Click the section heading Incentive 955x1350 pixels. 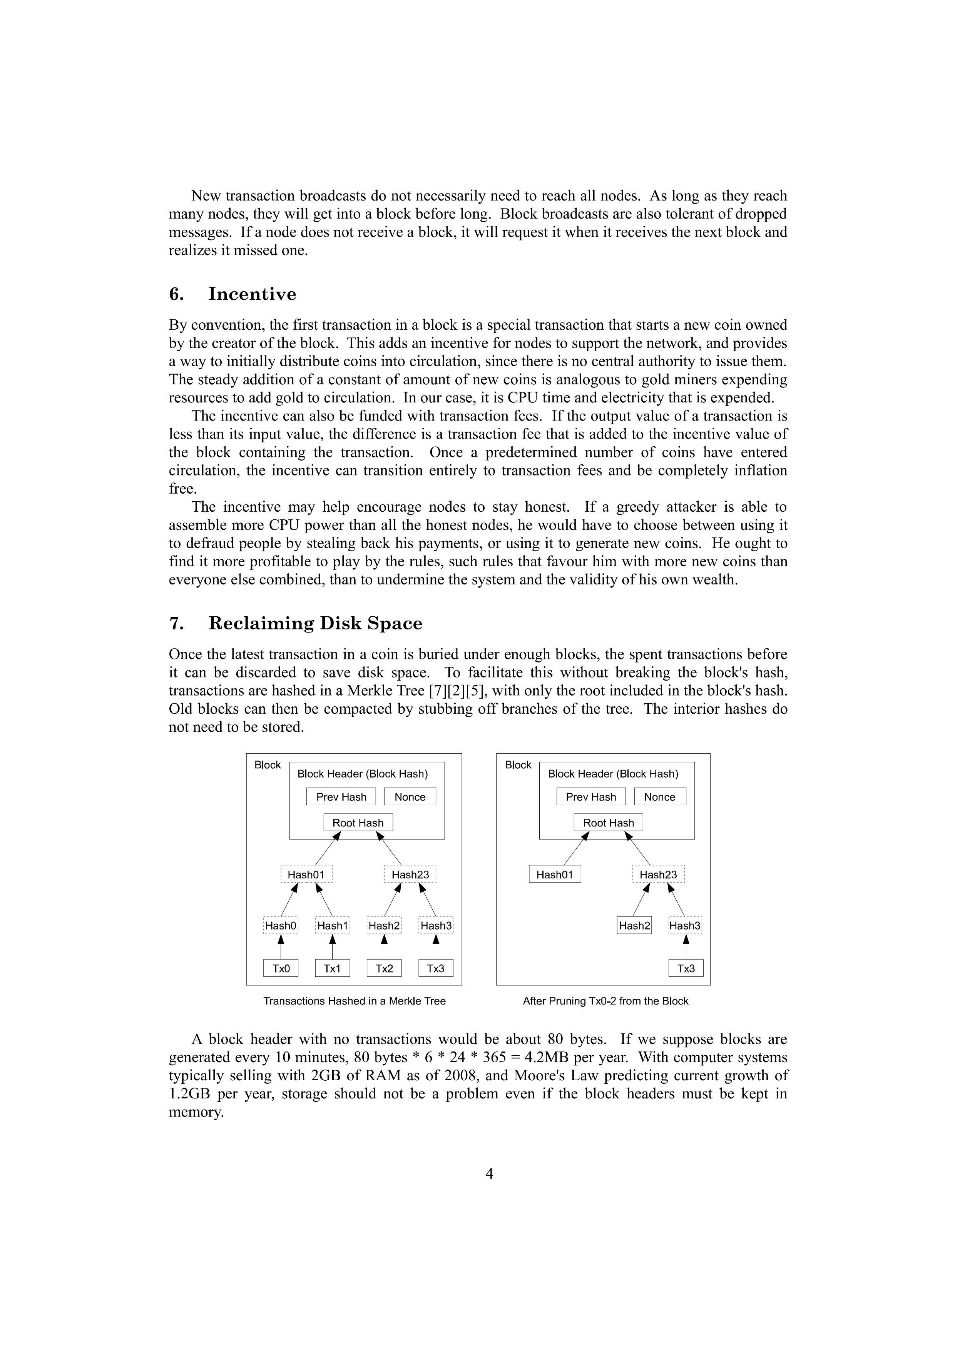click(252, 294)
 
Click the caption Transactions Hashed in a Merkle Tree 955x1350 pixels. click(354, 1001)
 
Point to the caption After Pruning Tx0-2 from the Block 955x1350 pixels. click(605, 1001)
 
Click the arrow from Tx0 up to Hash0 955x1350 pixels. click(281, 947)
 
